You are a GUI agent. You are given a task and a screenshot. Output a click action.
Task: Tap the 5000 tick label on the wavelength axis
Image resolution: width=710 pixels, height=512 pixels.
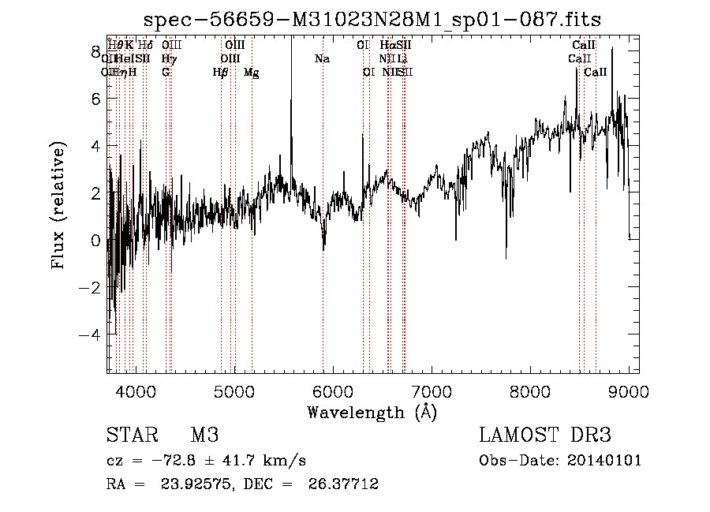234,390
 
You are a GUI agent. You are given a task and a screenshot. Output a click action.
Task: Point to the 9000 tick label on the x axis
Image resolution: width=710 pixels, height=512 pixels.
629,390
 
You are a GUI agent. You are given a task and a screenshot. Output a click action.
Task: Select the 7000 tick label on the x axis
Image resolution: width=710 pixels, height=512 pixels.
432,390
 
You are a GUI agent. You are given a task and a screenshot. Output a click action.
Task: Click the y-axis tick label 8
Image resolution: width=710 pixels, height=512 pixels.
96,52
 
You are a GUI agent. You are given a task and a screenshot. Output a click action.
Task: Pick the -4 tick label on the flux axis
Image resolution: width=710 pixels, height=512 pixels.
92,334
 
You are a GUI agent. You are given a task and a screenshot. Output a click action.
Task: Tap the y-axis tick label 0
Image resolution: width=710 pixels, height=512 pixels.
96,241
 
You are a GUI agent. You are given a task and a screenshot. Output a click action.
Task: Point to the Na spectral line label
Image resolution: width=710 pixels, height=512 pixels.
322,58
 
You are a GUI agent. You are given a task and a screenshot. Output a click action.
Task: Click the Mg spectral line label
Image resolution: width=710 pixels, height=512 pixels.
251,73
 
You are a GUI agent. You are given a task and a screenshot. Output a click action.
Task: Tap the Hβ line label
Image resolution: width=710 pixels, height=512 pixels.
220,73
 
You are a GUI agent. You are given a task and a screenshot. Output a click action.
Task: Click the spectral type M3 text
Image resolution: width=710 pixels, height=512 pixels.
204,435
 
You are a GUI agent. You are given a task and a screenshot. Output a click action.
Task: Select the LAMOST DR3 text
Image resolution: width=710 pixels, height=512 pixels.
545,435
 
